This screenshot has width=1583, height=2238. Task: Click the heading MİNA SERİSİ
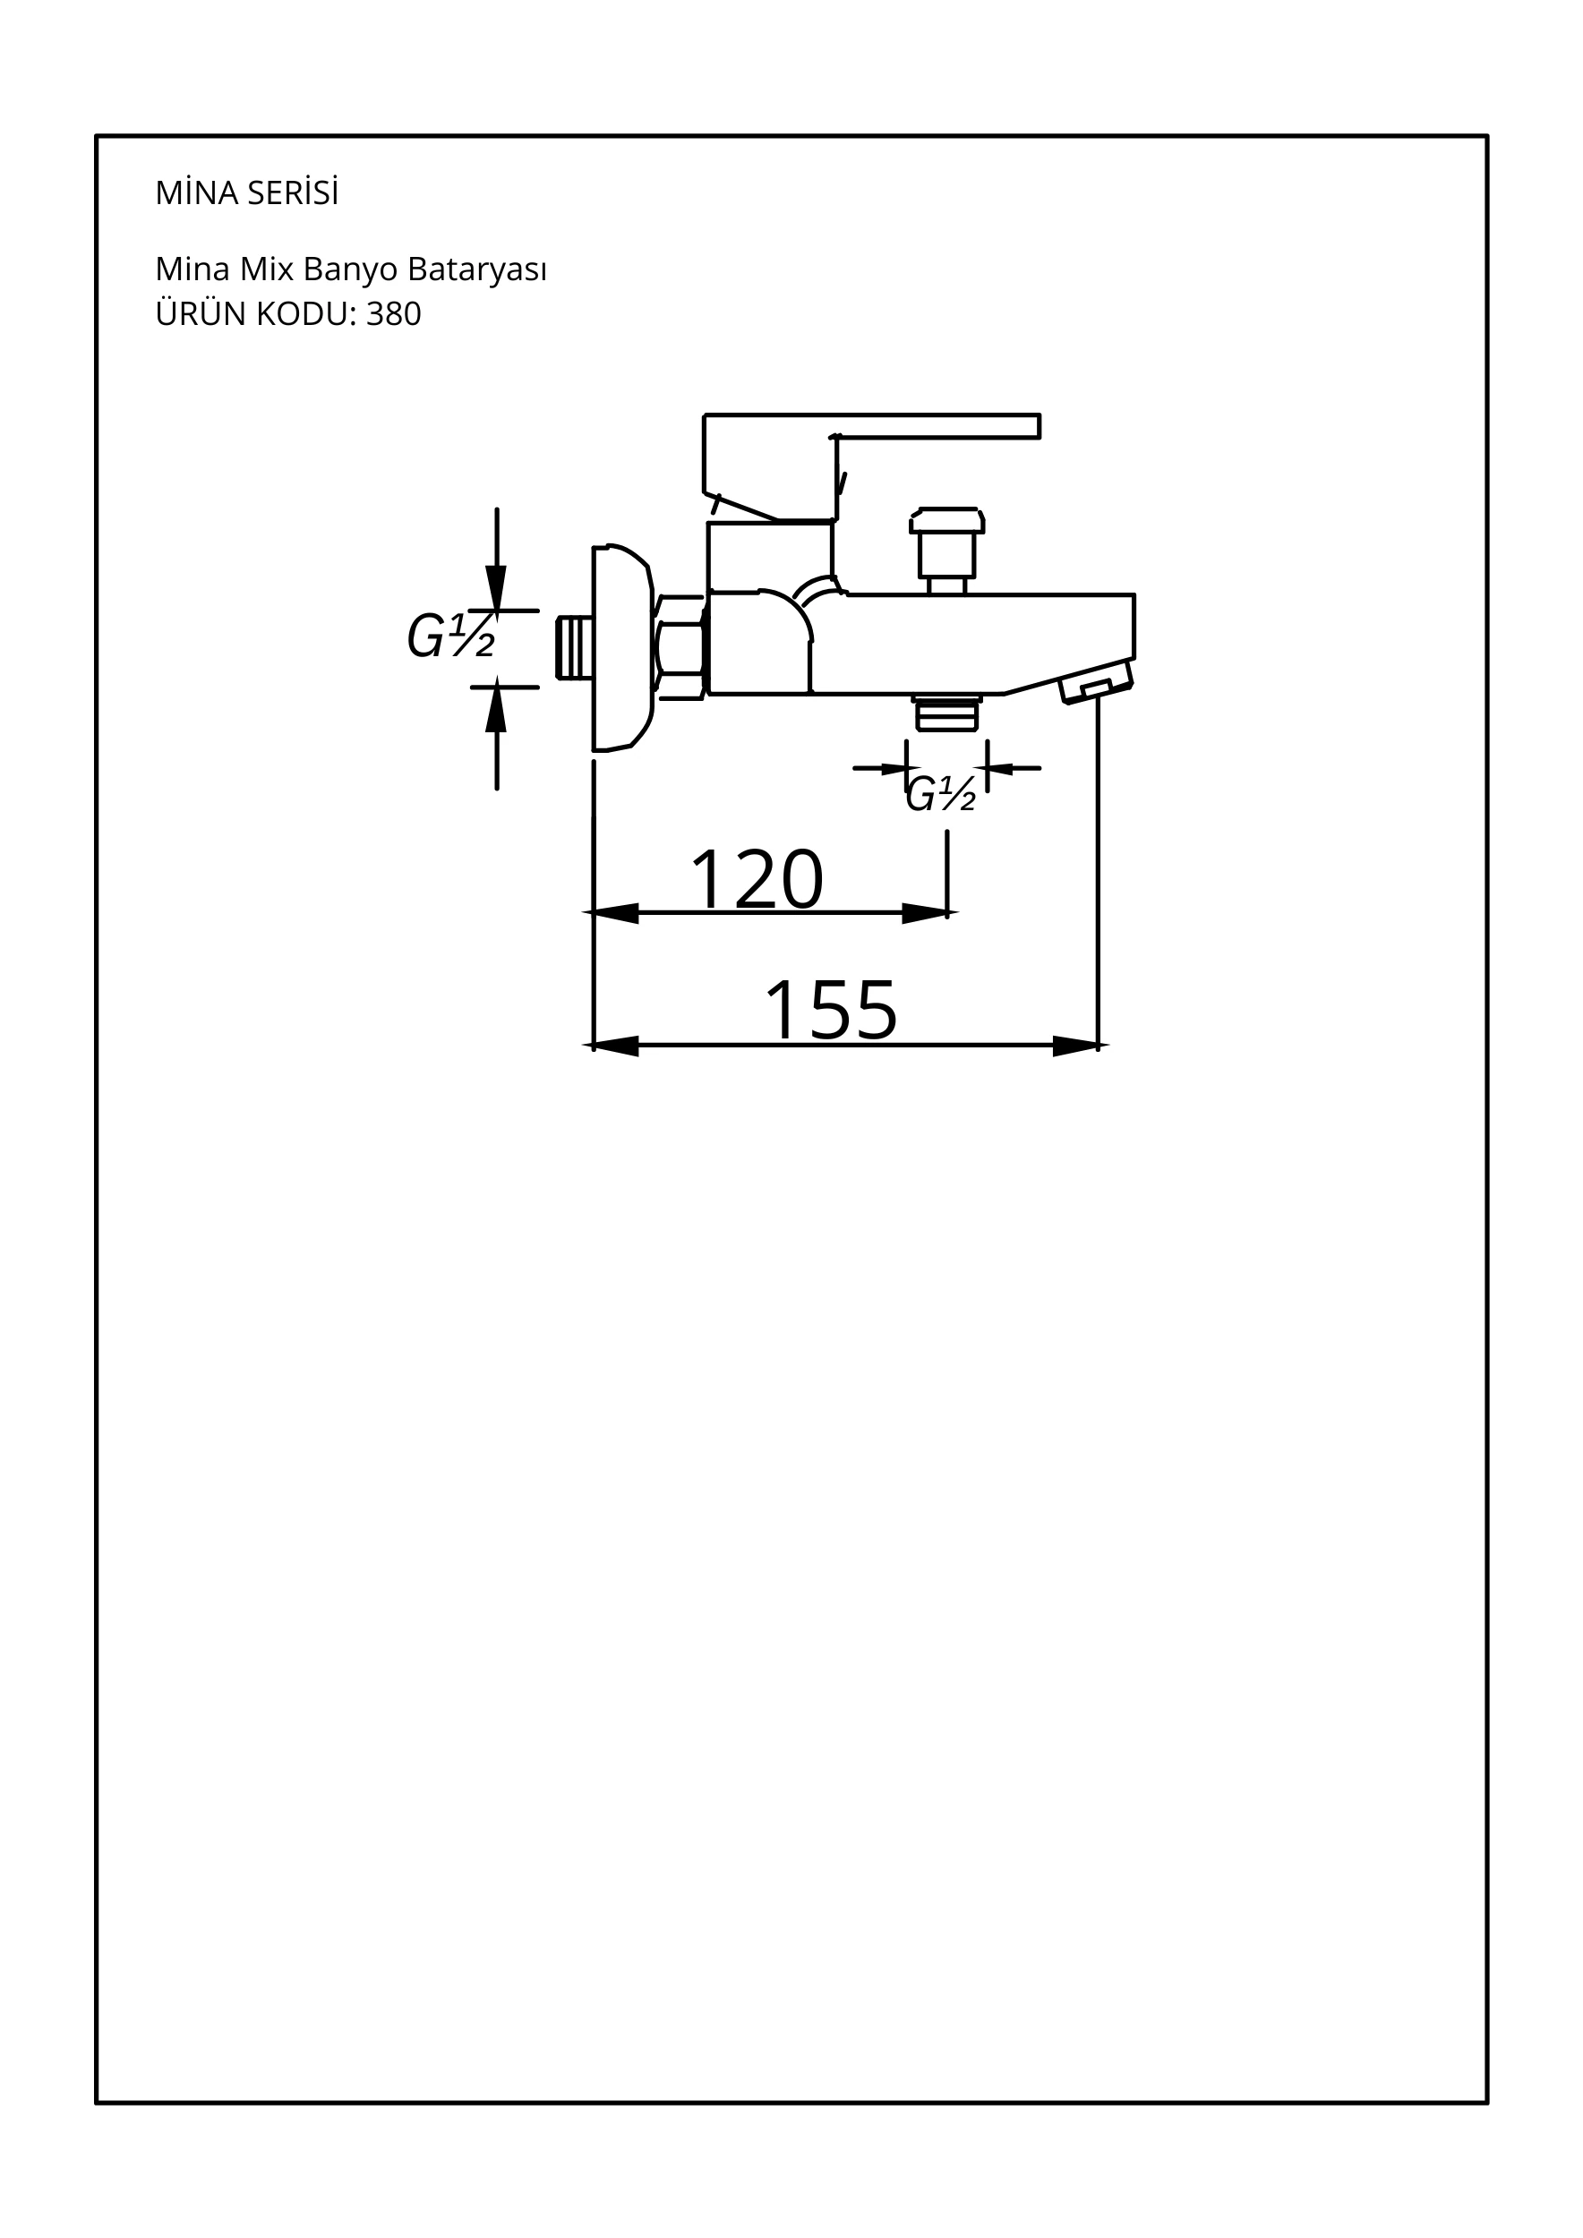click(246, 193)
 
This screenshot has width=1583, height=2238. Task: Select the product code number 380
click(394, 314)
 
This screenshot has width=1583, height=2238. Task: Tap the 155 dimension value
click(831, 1010)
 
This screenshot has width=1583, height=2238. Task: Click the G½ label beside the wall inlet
click(450, 636)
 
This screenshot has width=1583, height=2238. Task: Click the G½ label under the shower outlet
click(941, 794)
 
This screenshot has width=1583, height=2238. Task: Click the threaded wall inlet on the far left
click(575, 647)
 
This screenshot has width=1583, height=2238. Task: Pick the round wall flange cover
click(623, 648)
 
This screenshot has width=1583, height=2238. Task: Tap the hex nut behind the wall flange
click(680, 648)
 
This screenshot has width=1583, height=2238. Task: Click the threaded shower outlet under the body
click(946, 713)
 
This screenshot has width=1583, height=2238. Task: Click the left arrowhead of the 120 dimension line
click(612, 913)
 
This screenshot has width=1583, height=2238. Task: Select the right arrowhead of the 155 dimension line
click(1078, 1046)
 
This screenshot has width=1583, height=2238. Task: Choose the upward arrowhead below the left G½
click(496, 709)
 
